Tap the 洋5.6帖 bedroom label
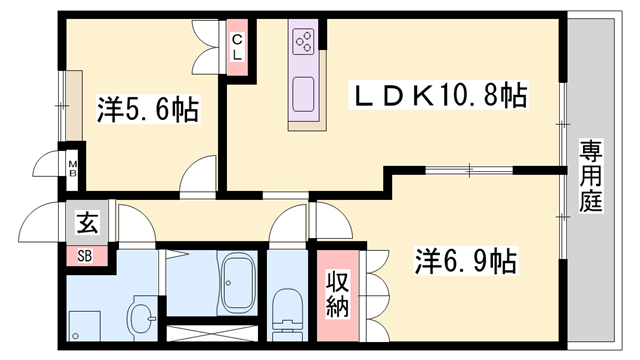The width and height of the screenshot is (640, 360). coord(147,109)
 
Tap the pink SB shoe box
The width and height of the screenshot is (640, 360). coord(86,255)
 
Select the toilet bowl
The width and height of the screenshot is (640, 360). coord(288,308)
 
